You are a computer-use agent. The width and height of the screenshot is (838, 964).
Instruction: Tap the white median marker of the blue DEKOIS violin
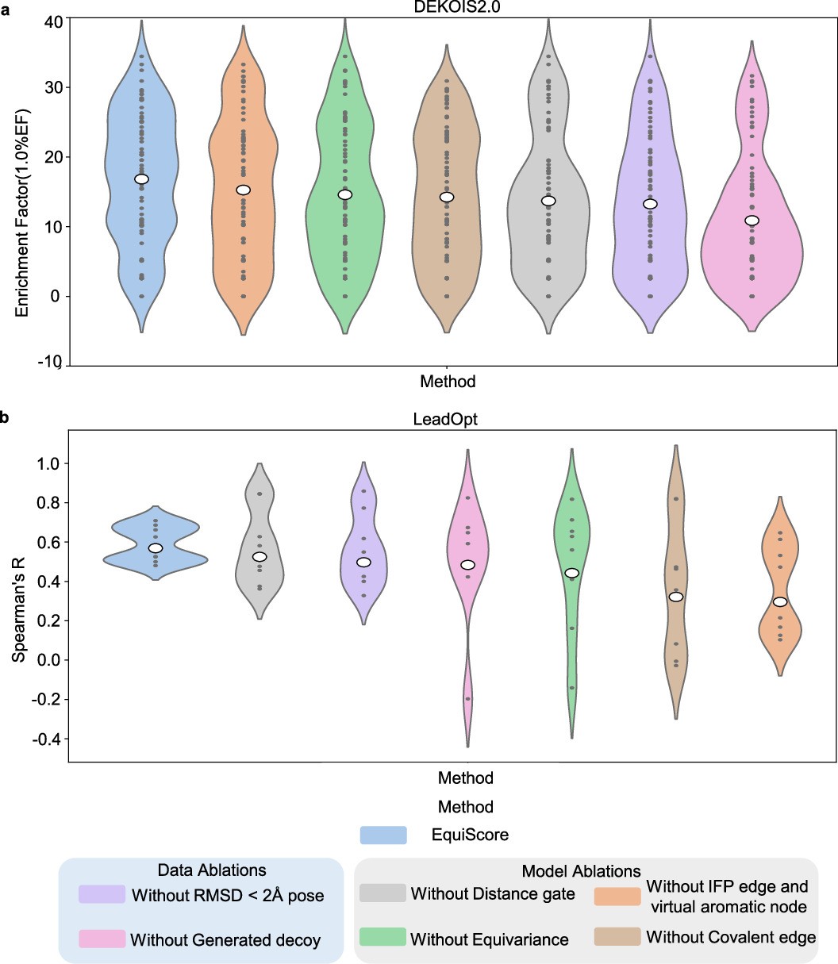point(141,179)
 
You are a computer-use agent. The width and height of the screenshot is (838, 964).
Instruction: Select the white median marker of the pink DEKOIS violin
point(752,221)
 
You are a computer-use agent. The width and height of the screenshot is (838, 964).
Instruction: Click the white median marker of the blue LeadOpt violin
point(156,548)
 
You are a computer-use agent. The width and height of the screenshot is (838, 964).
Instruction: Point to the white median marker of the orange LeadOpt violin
point(780,601)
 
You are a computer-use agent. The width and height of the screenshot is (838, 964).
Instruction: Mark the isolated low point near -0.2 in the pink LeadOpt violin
point(467,699)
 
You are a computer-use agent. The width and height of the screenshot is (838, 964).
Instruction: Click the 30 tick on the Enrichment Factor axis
point(48,86)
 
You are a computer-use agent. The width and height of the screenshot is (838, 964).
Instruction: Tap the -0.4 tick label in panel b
point(40,739)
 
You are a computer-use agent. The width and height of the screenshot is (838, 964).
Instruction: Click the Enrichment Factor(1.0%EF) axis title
point(23,191)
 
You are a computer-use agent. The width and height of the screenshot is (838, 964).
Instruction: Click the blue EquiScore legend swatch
point(383,835)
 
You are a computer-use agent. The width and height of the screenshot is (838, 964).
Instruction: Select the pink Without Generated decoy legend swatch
point(102,939)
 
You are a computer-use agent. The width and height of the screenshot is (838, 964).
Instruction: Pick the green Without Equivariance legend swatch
point(382,939)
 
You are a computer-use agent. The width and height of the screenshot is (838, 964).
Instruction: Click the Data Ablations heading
point(201,870)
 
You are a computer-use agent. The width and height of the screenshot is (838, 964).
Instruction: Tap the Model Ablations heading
point(581,871)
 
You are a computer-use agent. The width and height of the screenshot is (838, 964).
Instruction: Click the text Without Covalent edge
point(731,937)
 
